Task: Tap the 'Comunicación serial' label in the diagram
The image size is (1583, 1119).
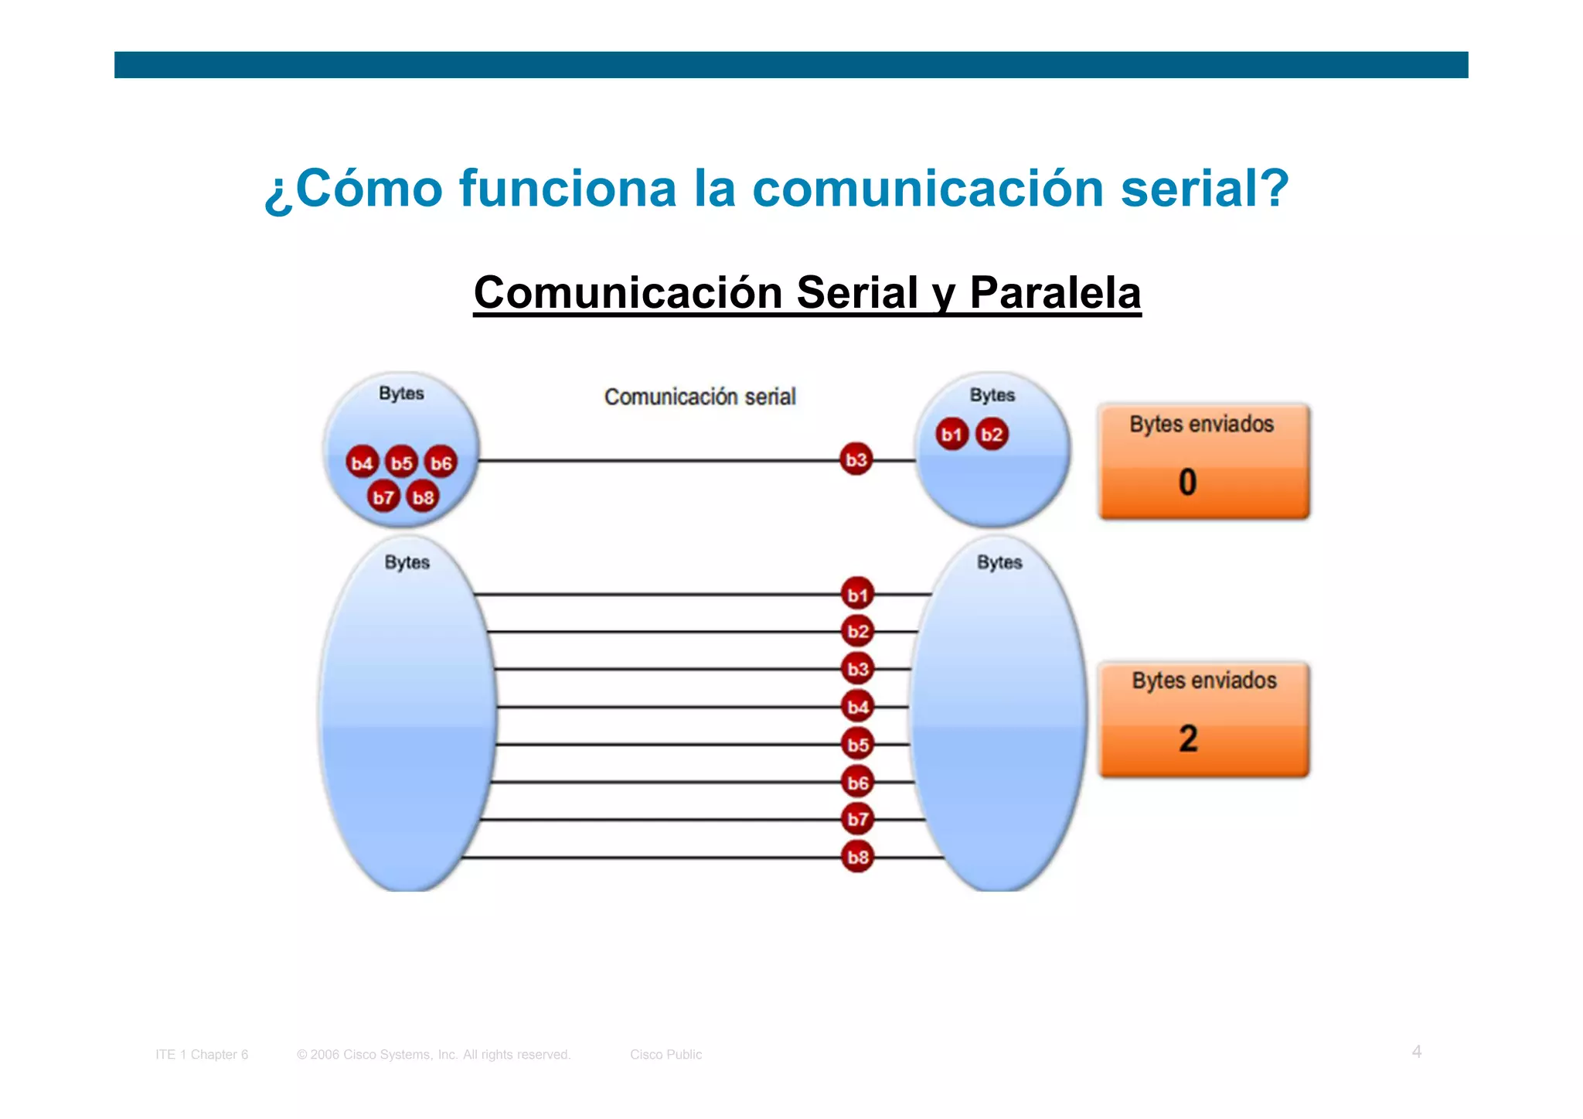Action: (700, 397)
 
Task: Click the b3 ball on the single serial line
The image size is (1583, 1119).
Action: (856, 460)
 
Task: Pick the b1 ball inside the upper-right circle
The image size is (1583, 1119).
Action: (952, 435)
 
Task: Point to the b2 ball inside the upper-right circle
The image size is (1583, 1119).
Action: (992, 435)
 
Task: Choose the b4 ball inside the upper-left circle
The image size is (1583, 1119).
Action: (362, 463)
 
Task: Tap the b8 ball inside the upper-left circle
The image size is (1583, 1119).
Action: (423, 497)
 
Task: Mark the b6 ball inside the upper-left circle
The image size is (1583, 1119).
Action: (441, 463)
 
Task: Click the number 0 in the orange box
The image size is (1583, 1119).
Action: (1187, 483)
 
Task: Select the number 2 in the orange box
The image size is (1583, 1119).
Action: (1188, 739)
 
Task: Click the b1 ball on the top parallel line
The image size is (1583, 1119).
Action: (857, 595)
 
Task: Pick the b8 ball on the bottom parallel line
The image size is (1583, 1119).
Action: (857, 857)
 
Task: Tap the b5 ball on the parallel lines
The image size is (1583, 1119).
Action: (857, 745)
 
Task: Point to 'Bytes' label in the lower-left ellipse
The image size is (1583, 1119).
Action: (407, 562)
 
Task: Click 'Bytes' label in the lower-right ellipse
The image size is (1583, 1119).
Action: (999, 562)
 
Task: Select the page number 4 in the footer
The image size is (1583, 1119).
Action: (1416, 1052)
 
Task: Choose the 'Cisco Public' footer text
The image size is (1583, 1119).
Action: (666, 1055)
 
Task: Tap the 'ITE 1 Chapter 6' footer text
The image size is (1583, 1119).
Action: (202, 1055)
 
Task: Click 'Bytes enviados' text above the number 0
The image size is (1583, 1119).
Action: (1201, 425)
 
